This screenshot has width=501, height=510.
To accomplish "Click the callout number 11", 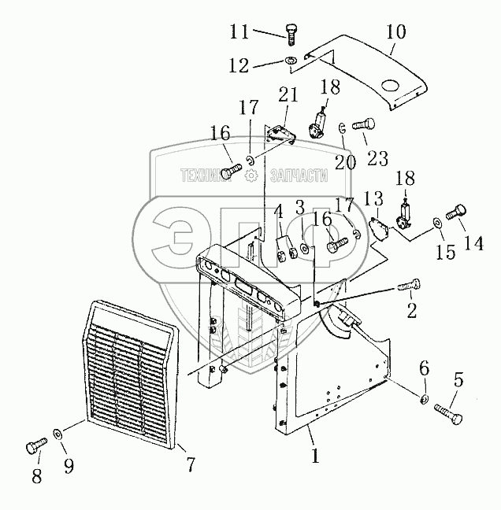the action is [240, 32].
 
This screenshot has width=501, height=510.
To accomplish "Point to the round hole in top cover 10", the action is [392, 83].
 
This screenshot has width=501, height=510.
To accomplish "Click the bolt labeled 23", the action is [365, 124].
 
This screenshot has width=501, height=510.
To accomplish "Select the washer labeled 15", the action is [436, 224].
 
